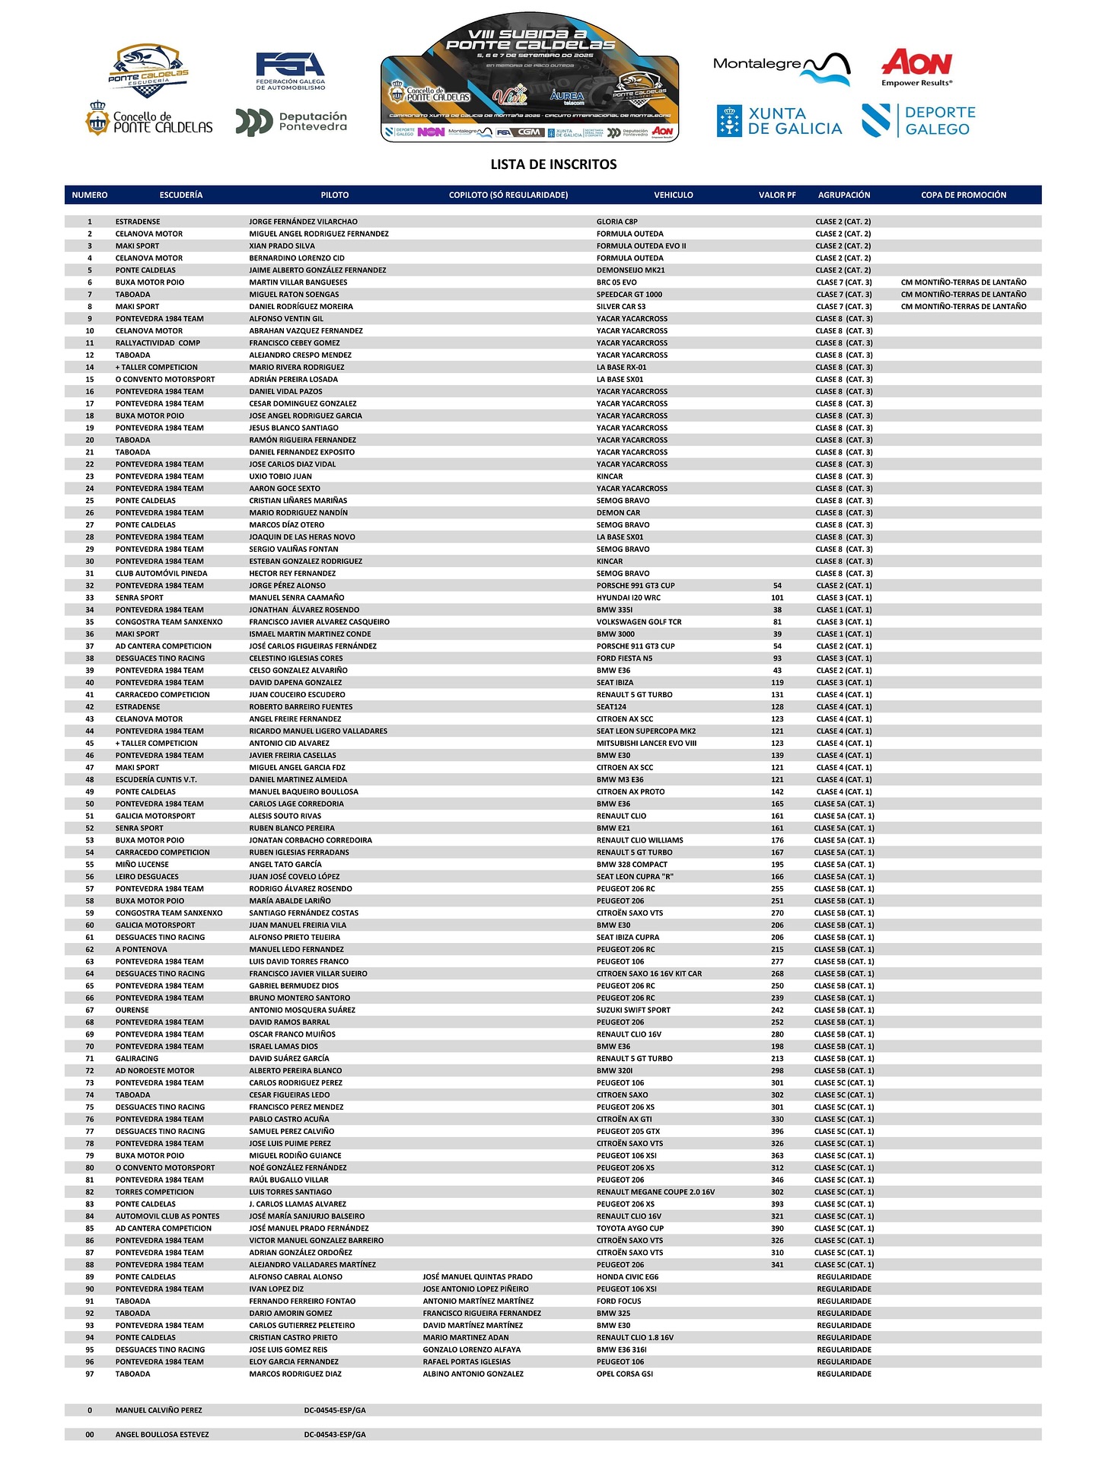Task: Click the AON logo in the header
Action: [x=916, y=67]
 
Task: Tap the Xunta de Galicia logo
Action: [x=779, y=121]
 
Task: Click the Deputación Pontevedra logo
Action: [x=292, y=122]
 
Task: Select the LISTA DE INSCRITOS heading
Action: [x=553, y=164]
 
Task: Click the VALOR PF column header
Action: [x=777, y=195]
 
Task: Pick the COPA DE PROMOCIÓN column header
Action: [x=963, y=195]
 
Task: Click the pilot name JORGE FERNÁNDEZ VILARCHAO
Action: [x=303, y=221]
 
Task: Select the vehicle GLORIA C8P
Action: [x=616, y=221]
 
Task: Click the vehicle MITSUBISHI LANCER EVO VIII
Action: [x=646, y=743]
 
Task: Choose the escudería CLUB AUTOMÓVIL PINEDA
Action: [x=161, y=573]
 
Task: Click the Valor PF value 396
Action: [x=777, y=1131]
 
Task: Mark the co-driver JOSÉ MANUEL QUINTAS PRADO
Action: [x=477, y=1276]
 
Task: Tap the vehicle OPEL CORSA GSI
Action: [x=624, y=1374]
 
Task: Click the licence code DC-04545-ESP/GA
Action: [x=335, y=1410]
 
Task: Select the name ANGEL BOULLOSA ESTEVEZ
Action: [x=162, y=1435]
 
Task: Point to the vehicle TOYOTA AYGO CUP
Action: [x=629, y=1228]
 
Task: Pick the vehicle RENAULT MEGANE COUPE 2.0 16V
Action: [x=655, y=1192]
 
